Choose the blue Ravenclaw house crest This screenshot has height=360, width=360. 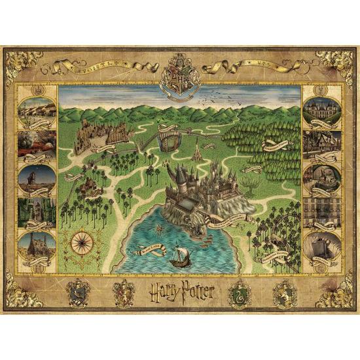pyautogui.click(x=76, y=288)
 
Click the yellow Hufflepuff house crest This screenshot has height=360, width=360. pyautogui.click(x=283, y=288)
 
